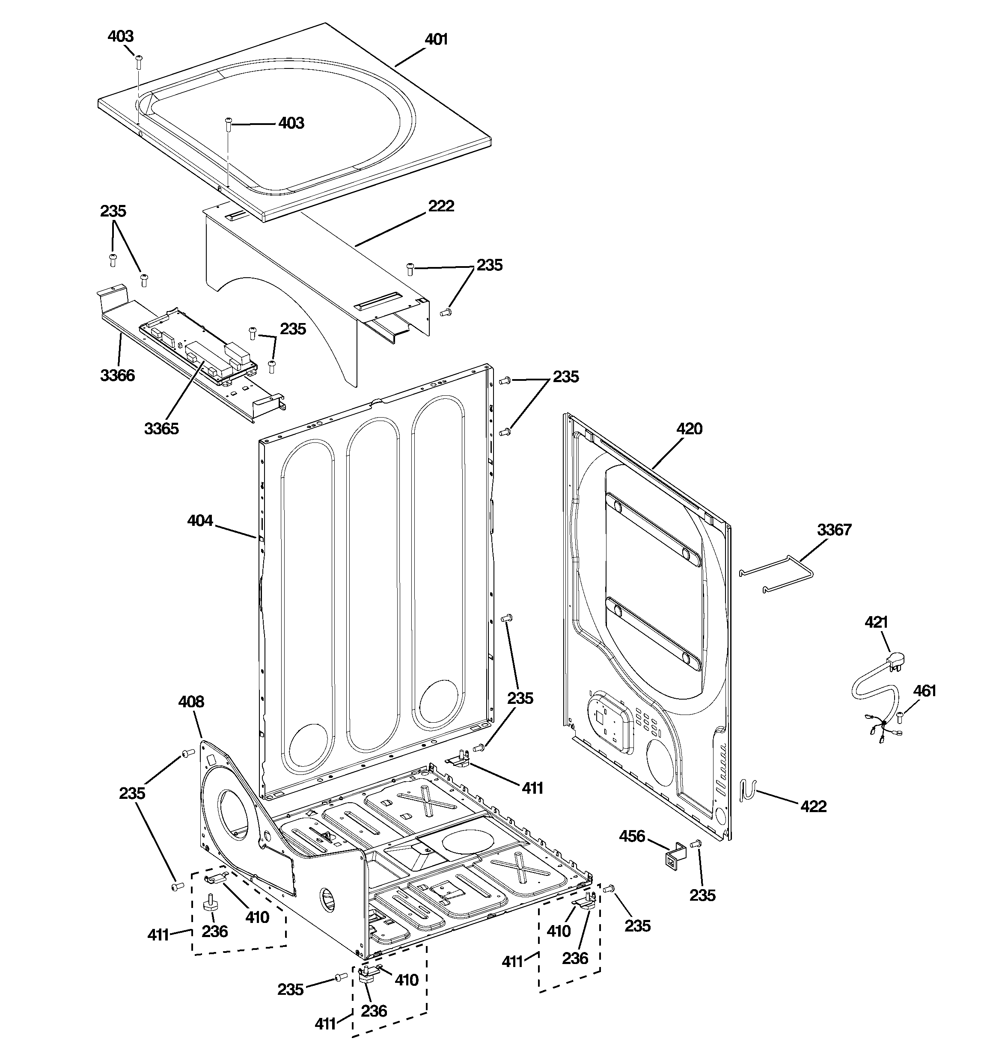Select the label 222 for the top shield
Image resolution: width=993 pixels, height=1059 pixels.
coord(441,206)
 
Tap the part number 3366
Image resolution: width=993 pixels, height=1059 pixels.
coord(117,376)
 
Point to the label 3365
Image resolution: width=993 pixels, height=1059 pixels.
coord(161,428)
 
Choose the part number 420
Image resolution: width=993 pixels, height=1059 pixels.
coord(689,428)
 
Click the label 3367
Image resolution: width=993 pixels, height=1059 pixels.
coord(834,530)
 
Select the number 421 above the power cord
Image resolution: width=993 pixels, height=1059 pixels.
coord(876,622)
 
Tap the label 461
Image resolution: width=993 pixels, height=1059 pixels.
coord(924,691)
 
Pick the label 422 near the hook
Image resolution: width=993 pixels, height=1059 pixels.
coord(813,806)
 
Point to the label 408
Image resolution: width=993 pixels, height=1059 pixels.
coord(191,702)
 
